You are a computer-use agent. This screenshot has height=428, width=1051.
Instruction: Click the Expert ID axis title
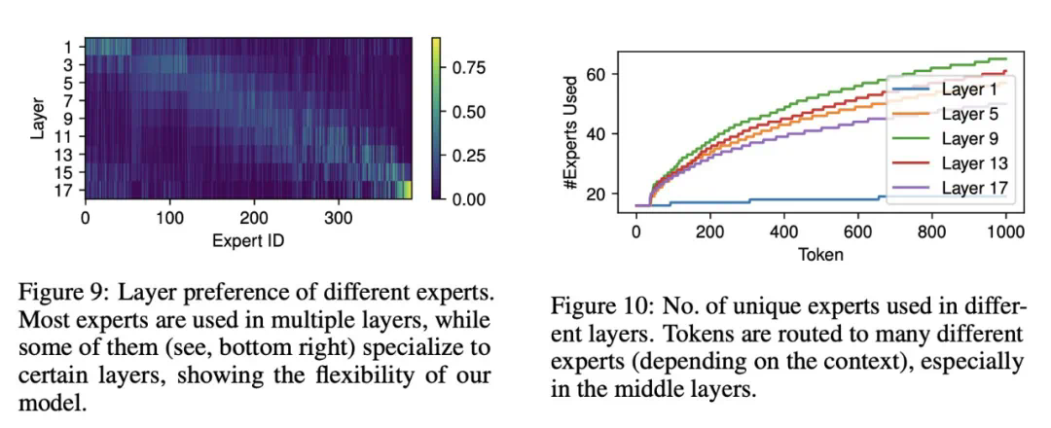247,239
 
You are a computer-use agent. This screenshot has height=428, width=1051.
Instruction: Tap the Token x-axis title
820,255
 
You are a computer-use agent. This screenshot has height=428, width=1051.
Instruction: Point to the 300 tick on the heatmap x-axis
338,219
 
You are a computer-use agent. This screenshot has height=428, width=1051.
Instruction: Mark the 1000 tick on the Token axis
1003,233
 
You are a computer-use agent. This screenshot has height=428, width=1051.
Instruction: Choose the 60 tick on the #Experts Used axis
595,75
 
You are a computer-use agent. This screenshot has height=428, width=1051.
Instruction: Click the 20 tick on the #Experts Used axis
595,195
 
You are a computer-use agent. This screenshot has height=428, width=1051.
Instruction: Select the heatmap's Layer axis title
37,117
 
